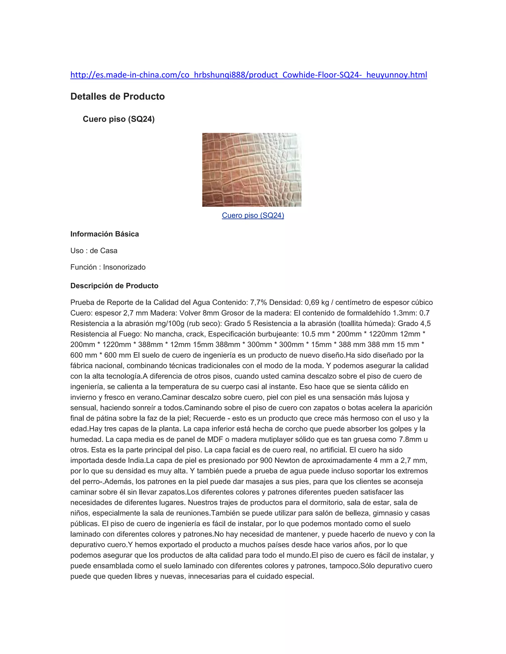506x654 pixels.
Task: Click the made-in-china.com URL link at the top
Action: (x=249, y=75)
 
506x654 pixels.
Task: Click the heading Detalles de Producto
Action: (x=118, y=96)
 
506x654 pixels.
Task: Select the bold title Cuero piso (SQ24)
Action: (x=118, y=119)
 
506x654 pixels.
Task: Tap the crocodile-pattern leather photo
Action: (x=252, y=170)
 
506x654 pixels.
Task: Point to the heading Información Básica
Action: (x=105, y=234)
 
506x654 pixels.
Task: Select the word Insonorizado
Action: (x=125, y=267)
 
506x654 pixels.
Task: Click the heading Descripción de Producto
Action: (x=114, y=286)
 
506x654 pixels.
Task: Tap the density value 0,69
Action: (x=312, y=303)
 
